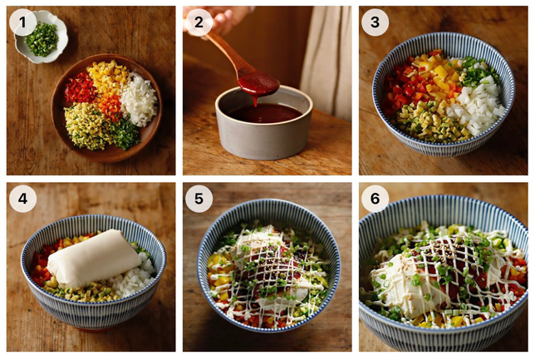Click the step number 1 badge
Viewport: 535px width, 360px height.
tap(22, 22)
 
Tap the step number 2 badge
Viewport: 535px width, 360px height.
tap(199, 22)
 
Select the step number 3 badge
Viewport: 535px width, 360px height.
tap(375, 22)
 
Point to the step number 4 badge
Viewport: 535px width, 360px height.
tap(22, 199)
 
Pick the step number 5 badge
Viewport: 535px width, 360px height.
tap(199, 199)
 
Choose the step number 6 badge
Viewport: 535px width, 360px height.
tap(375, 199)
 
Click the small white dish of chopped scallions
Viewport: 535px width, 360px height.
tap(42, 37)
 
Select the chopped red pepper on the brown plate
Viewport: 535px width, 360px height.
tap(81, 88)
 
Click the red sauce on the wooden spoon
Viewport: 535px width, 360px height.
tap(258, 85)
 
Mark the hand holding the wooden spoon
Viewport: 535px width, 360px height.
tap(218, 18)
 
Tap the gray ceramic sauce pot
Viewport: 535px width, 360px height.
tap(263, 122)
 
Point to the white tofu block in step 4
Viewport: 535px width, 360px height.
tap(94, 259)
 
